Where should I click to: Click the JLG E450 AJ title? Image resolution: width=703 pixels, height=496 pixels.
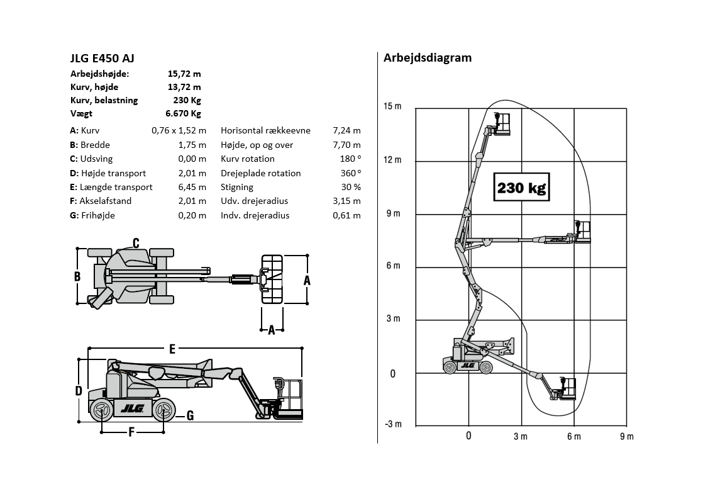click(102, 59)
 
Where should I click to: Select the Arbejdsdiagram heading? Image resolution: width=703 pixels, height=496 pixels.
click(427, 58)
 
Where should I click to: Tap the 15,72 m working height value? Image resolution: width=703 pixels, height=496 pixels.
click(184, 74)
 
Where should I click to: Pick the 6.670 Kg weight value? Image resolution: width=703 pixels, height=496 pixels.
click(183, 113)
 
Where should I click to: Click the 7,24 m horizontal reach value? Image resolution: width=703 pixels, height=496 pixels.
click(346, 131)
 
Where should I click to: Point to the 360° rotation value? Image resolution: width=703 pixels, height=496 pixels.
click(351, 173)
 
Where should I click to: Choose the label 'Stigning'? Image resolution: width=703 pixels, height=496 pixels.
click(236, 187)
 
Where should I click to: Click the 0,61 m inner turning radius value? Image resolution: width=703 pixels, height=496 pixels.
click(346, 215)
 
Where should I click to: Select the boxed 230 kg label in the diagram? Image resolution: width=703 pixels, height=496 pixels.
click(521, 187)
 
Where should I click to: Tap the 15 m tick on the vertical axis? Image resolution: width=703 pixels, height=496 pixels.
click(392, 106)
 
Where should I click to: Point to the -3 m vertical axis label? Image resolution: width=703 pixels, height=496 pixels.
click(393, 424)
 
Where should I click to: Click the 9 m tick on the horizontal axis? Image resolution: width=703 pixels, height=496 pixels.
click(627, 436)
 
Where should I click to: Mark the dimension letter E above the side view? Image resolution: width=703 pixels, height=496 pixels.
click(172, 349)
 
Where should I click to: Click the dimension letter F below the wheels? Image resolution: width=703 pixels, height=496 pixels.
click(131, 432)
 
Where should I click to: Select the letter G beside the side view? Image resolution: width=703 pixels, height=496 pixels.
click(190, 416)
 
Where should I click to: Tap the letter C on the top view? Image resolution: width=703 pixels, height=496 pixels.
click(136, 244)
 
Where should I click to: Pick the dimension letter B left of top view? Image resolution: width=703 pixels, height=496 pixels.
click(77, 276)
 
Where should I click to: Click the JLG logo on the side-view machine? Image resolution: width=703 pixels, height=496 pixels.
click(132, 409)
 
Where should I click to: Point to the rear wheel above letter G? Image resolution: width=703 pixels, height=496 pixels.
click(163, 410)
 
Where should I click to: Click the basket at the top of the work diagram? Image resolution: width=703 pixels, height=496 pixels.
click(502, 125)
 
